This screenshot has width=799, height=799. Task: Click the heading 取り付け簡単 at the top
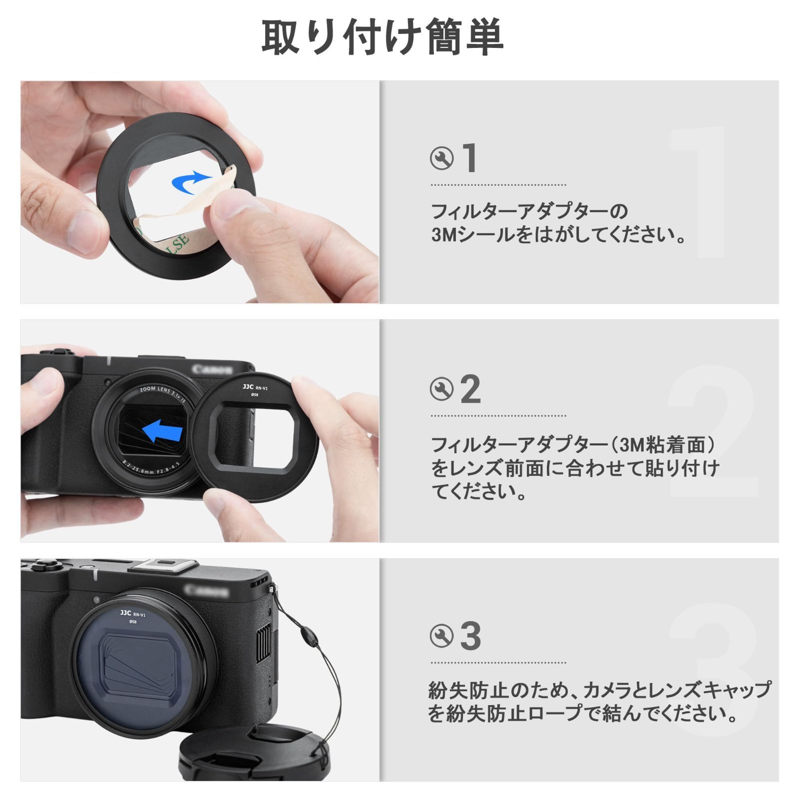(382, 37)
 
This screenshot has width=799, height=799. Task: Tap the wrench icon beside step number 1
(441, 159)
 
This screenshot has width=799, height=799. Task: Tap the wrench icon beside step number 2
(441, 389)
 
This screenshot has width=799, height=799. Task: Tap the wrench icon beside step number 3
(441, 636)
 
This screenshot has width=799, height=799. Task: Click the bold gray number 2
(470, 389)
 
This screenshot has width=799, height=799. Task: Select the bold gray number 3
(470, 636)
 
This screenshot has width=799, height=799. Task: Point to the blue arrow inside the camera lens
(162, 430)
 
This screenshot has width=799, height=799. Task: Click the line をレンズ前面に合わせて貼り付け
(574, 468)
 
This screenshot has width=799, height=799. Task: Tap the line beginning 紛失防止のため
(599, 690)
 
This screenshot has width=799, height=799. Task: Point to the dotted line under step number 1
(498, 185)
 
